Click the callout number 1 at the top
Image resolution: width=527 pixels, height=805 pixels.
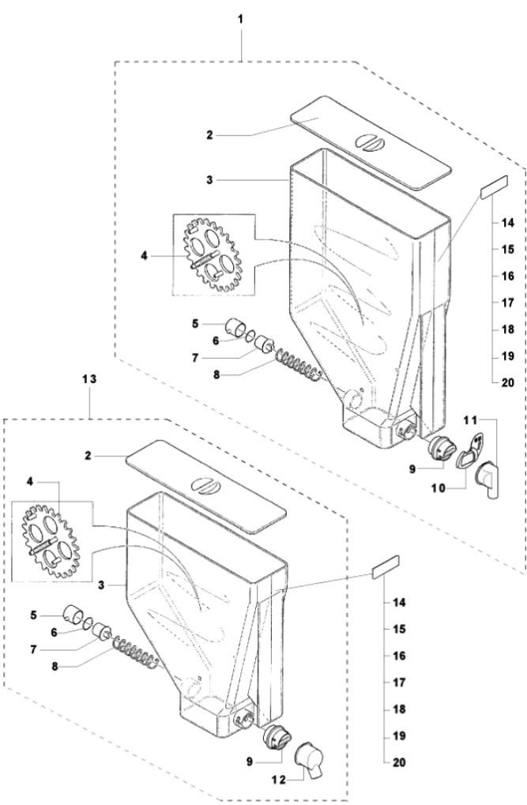coord(240,20)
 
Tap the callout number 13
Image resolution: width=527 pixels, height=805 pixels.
coord(89,379)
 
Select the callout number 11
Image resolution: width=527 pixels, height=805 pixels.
coord(470,420)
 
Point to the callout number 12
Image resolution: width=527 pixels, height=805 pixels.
coord(278,780)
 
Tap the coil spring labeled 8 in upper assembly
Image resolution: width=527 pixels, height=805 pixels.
coord(299,364)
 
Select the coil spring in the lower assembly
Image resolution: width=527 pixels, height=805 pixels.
coord(136,652)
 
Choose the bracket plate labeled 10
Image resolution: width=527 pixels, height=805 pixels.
coord(470,450)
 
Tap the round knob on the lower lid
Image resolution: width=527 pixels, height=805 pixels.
coord(206,484)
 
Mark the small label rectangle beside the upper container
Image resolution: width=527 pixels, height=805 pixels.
coord(494,186)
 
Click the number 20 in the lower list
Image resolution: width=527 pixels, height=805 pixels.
coord(399,762)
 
